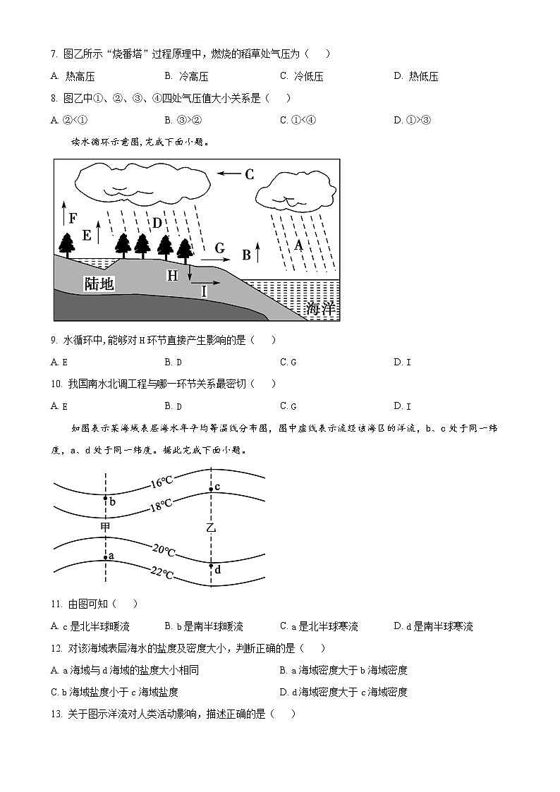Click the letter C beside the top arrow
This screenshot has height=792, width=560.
tap(249, 174)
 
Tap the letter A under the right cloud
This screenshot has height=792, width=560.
tap(298, 245)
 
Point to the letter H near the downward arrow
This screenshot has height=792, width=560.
tap(172, 276)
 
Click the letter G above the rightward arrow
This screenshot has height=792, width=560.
tap(219, 248)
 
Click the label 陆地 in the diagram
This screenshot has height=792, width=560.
tap(99, 284)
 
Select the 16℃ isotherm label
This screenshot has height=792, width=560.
tap(162, 483)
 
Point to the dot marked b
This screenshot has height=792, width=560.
tap(105, 499)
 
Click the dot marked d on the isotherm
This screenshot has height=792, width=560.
tap(210, 566)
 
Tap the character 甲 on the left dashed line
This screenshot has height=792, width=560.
tap(105, 527)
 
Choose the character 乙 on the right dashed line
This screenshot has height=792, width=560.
tap(210, 528)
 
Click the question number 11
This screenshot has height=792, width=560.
tap(56, 604)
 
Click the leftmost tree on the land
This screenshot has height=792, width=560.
tap(68, 244)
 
